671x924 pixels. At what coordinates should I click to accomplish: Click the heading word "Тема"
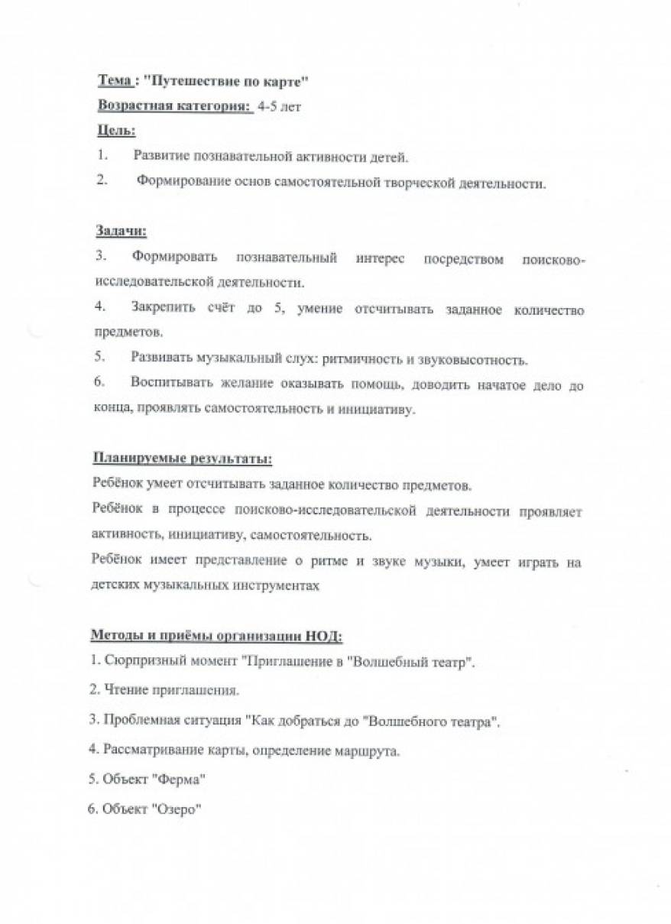(114, 80)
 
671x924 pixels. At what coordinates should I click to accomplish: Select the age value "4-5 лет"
(280, 107)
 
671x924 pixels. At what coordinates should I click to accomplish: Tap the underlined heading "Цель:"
(116, 131)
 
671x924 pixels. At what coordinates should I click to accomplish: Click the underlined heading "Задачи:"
(121, 230)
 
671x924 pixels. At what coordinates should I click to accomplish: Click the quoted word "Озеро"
(177, 809)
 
